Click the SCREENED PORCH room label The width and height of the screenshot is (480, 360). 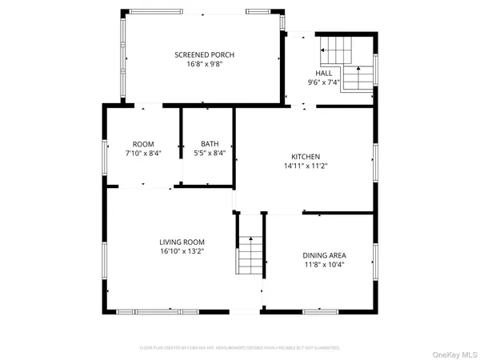(x=205, y=54)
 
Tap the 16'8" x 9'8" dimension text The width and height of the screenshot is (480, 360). (x=205, y=64)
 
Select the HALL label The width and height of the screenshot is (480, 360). (x=324, y=73)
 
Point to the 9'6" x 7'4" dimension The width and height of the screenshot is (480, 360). (x=324, y=82)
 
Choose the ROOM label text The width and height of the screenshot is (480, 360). (x=143, y=144)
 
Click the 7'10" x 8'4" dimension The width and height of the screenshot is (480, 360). (x=143, y=154)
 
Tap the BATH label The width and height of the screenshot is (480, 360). (x=210, y=144)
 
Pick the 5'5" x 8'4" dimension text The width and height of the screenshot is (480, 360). (x=210, y=154)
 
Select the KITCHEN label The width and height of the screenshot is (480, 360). (x=306, y=156)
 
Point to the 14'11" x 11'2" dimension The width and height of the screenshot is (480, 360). (x=306, y=166)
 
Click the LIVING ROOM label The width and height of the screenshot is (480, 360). (x=182, y=242)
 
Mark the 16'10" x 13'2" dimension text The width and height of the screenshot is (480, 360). (x=182, y=252)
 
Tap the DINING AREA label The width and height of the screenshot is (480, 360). (x=325, y=255)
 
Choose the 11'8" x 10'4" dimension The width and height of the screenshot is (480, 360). (x=325, y=265)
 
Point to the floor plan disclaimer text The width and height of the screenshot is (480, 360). (x=240, y=348)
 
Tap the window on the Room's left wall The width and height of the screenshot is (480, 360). (x=104, y=154)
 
